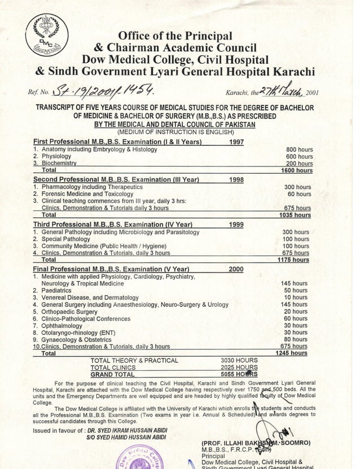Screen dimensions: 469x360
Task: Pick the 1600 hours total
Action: click(x=297, y=170)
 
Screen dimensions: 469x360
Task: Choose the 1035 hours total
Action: click(x=296, y=214)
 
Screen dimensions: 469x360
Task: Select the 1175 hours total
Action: click(x=293, y=260)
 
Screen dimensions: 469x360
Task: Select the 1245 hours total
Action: click(x=291, y=353)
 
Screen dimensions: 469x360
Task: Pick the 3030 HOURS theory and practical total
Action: click(x=239, y=360)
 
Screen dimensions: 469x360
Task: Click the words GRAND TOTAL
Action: click(x=113, y=374)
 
